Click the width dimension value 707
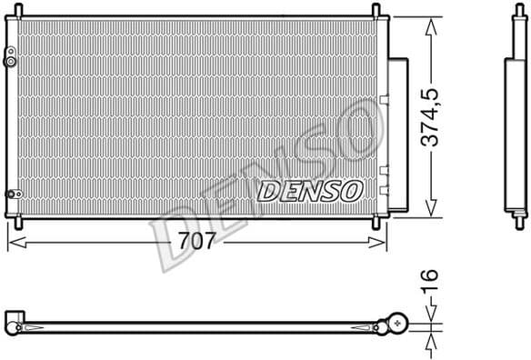197,242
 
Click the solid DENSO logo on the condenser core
311,190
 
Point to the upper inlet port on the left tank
12,61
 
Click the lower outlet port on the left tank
12,193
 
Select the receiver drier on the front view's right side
398,124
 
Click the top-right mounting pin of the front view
375,10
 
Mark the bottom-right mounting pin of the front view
375,221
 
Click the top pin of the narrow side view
516,10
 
